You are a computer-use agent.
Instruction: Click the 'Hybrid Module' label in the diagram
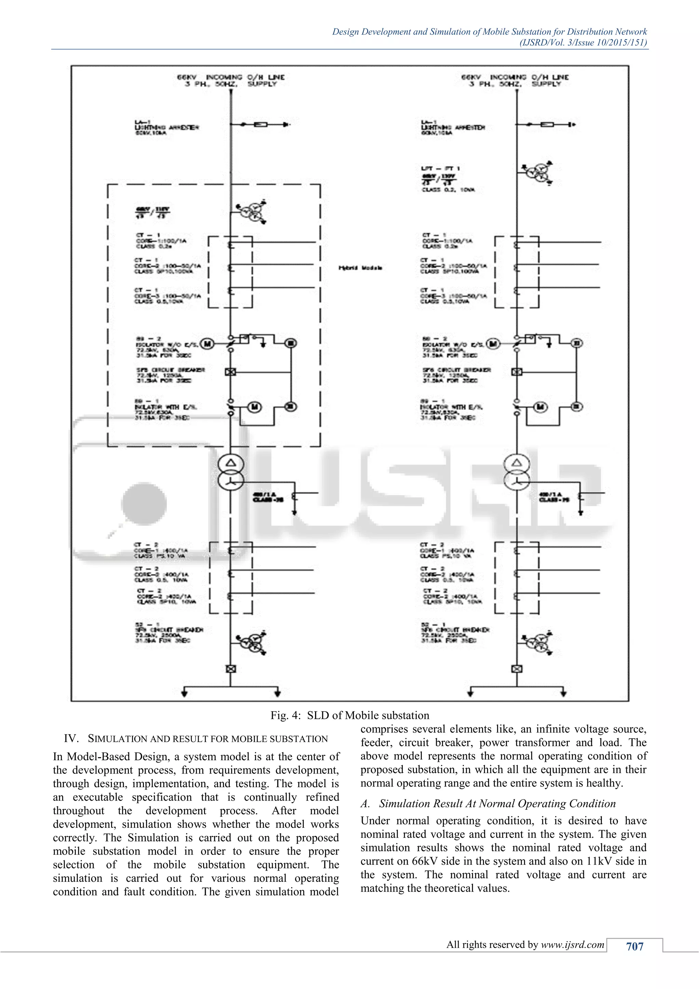click(x=360, y=268)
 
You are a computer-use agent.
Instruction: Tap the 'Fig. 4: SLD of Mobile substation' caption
click(x=350, y=715)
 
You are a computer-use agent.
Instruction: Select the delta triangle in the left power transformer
click(x=231, y=463)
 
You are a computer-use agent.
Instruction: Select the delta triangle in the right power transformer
click(x=516, y=463)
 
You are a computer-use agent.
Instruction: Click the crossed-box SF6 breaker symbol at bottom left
click(x=231, y=669)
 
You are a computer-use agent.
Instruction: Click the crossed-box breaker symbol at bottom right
click(x=516, y=669)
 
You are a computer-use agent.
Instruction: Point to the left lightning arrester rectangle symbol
click(x=260, y=125)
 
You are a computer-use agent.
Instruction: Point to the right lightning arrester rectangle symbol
click(x=547, y=125)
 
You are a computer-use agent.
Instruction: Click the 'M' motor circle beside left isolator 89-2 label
click(x=208, y=343)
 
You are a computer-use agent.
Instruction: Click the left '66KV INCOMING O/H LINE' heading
click(x=231, y=78)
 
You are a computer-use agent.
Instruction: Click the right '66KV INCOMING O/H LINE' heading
click(x=515, y=78)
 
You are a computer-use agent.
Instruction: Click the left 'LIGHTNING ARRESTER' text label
click(x=166, y=127)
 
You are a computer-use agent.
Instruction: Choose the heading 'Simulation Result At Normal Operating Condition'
click(x=497, y=804)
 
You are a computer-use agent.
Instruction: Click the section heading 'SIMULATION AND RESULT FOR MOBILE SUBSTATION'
click(x=208, y=739)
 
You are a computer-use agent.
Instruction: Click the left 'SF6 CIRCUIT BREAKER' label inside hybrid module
click(x=171, y=370)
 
